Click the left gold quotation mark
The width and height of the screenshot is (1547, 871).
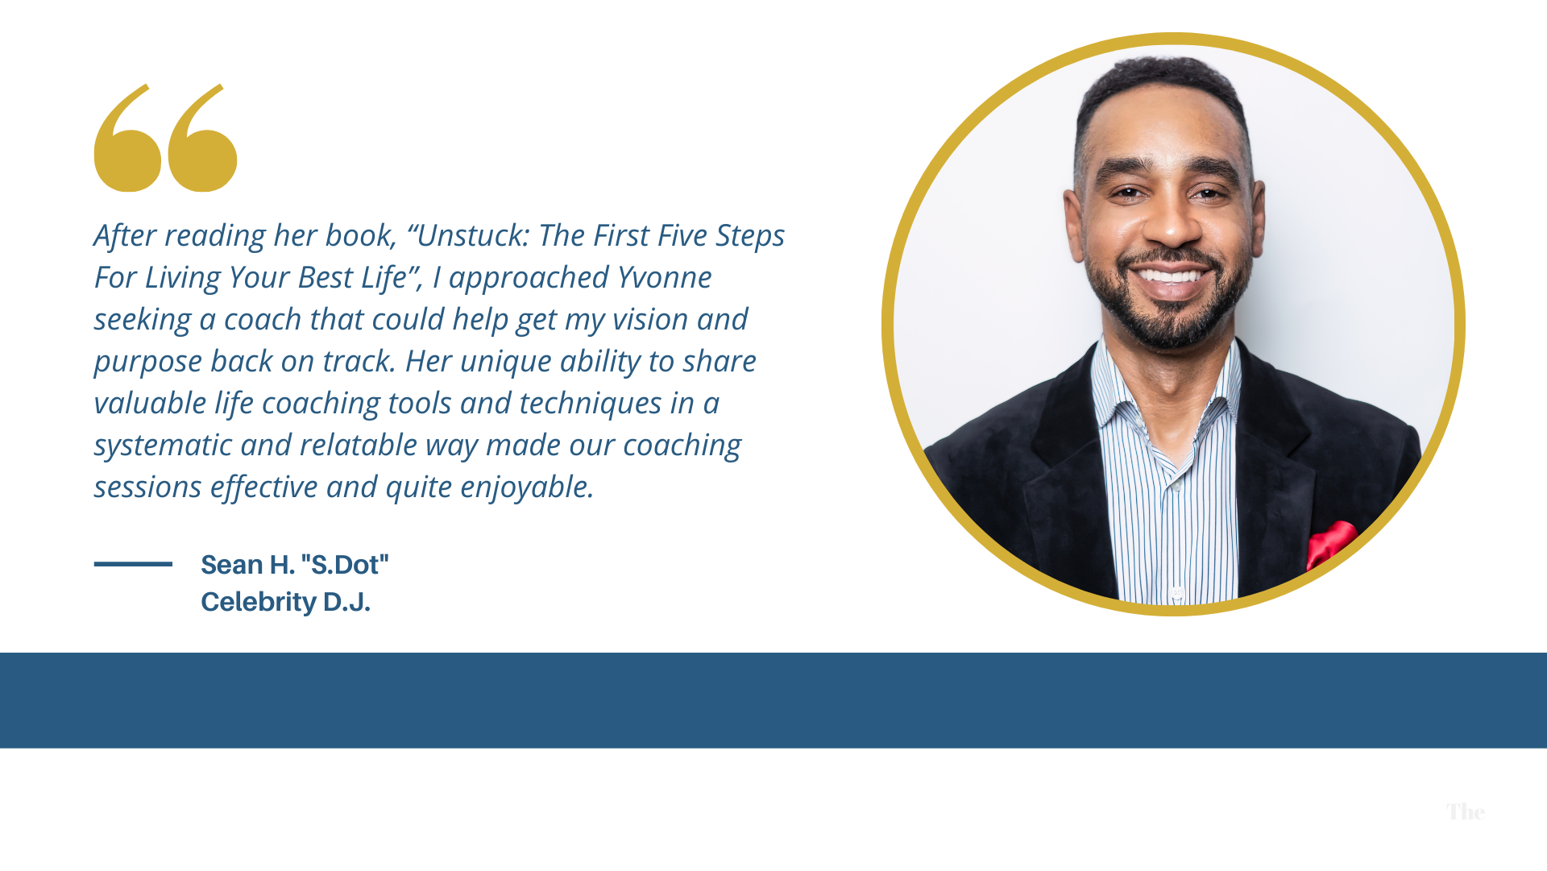coord(127,145)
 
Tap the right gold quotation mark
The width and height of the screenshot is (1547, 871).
coord(202,145)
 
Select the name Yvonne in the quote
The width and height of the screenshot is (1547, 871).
coord(664,277)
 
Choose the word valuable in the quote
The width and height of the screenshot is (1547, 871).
coord(150,403)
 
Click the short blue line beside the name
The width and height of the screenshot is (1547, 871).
coord(133,564)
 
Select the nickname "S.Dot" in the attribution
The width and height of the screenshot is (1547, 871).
coord(345,565)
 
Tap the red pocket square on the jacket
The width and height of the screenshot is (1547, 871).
coord(1330,543)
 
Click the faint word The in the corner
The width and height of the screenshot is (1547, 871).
coord(1465,812)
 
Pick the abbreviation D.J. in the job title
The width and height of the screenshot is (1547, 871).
coord(346,602)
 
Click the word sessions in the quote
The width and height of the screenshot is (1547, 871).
coord(147,487)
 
